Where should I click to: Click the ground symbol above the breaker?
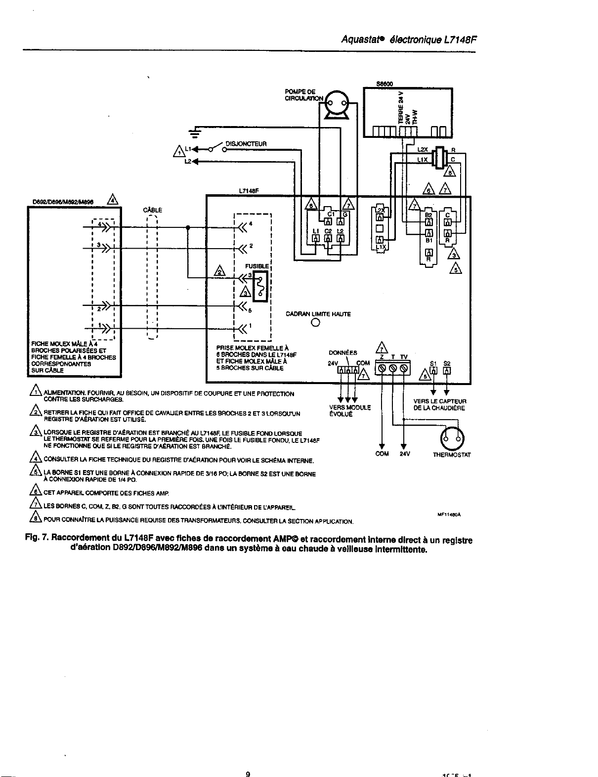[x=197, y=132]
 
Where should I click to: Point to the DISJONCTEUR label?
[x=246, y=144]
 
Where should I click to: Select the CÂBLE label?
[x=152, y=210]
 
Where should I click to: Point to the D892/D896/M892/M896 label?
[x=64, y=202]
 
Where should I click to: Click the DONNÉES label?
[x=342, y=352]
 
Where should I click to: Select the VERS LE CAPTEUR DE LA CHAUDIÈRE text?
[x=439, y=404]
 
